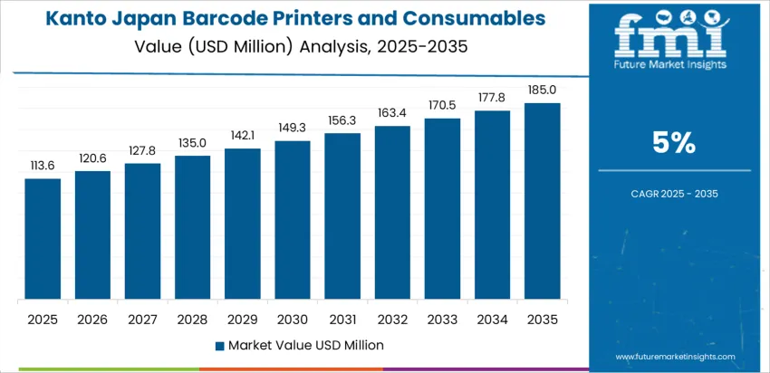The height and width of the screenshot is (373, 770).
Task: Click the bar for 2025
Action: (x=43, y=240)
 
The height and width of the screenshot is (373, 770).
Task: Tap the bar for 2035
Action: (x=543, y=202)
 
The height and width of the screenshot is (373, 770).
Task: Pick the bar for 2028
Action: (x=192, y=228)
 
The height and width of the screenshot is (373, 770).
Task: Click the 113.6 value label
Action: (x=43, y=166)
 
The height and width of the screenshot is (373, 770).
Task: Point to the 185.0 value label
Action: (x=543, y=90)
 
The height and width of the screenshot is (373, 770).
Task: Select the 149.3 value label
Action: (x=293, y=128)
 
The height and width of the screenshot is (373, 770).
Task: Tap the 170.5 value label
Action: (x=442, y=105)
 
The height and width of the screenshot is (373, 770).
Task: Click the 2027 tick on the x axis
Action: (x=142, y=320)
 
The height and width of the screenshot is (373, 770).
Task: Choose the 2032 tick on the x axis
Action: (x=392, y=320)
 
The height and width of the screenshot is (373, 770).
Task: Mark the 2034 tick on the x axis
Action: (x=493, y=320)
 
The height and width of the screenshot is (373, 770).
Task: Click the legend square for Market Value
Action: (x=219, y=345)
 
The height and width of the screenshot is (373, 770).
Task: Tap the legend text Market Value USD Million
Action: (x=305, y=345)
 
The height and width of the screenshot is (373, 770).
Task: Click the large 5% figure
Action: (x=674, y=142)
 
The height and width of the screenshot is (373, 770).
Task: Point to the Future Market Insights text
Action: (x=670, y=66)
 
